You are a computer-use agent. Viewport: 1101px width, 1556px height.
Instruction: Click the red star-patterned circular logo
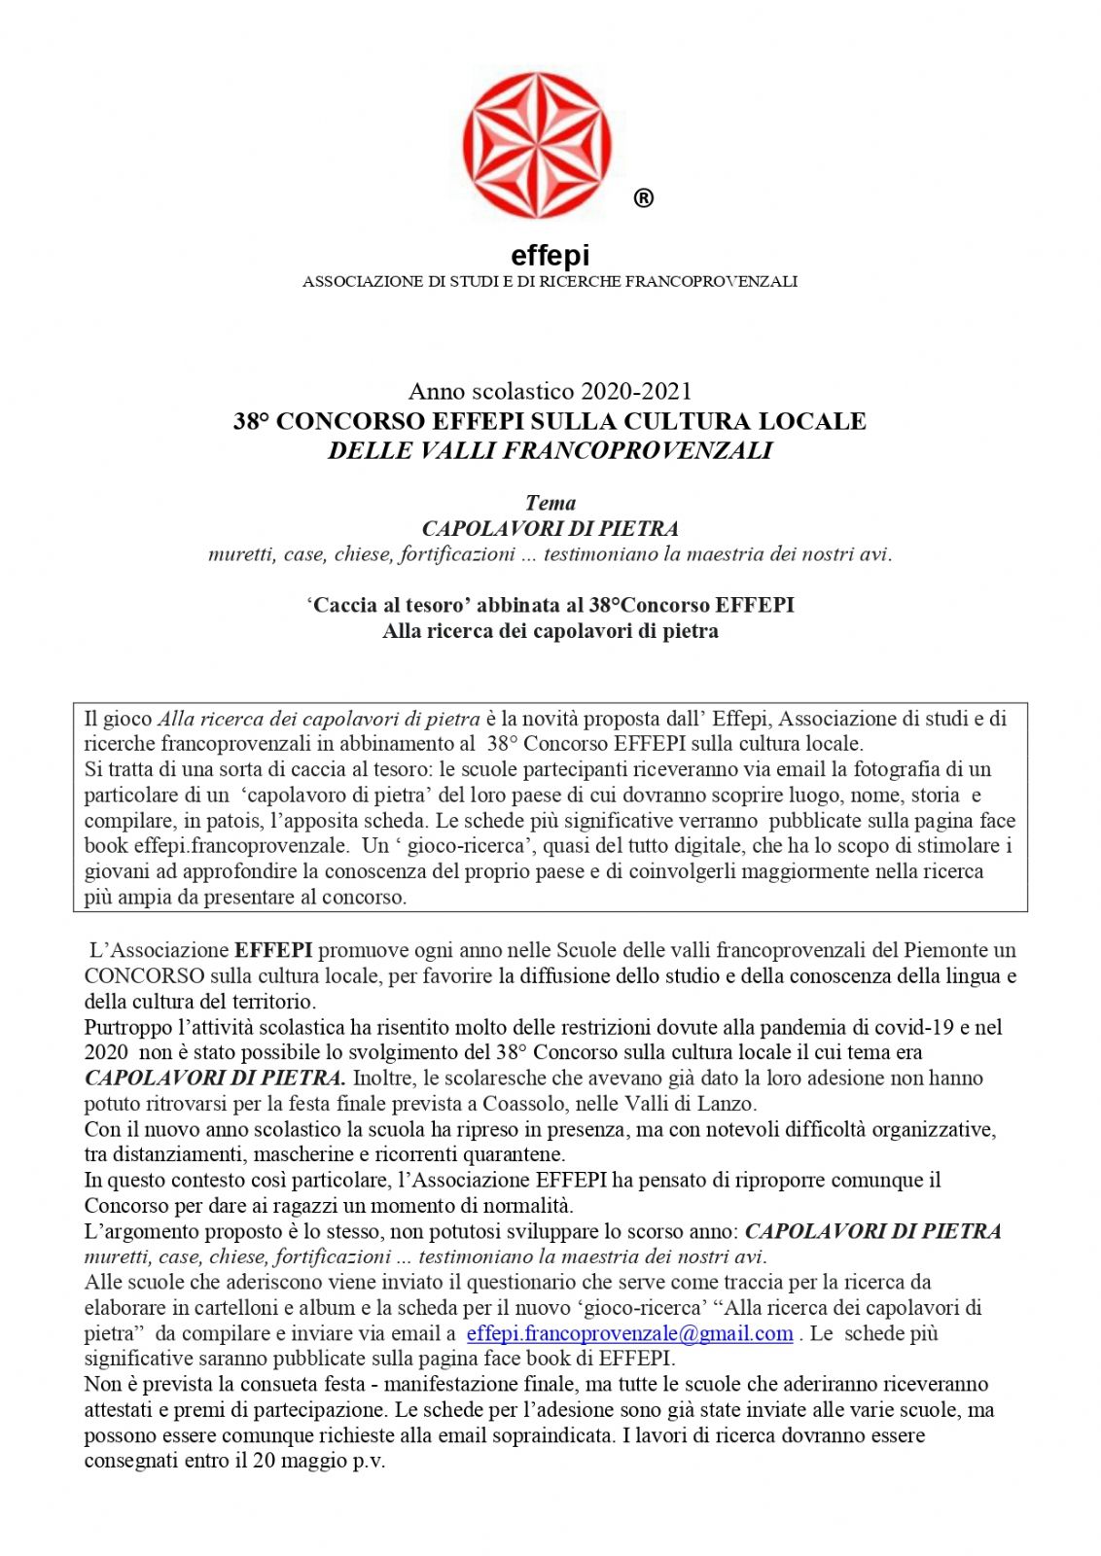[x=537, y=145]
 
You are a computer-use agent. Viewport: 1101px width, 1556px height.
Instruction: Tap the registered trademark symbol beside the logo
[x=643, y=198]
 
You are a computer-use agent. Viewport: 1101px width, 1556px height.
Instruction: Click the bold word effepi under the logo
[x=550, y=256]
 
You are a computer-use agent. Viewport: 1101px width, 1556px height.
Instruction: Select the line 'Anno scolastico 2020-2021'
[x=550, y=391]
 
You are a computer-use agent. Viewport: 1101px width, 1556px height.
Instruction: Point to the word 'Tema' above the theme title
[x=550, y=503]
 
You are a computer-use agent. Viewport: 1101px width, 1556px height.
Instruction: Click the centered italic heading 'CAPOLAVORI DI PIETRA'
[x=550, y=528]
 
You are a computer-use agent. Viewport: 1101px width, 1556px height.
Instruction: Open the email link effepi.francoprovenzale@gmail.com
[x=629, y=1333]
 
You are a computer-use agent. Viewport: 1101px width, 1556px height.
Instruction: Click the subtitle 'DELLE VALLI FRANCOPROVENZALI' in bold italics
[x=550, y=450]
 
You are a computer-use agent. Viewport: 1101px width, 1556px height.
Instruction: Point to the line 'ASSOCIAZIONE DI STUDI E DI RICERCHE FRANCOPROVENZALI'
[x=550, y=282]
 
